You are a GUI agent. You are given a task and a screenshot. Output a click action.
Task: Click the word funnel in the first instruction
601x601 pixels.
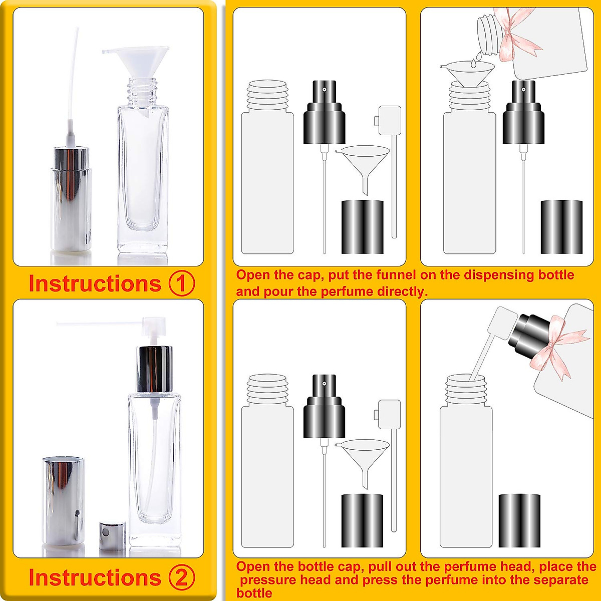pyautogui.click(x=417, y=275)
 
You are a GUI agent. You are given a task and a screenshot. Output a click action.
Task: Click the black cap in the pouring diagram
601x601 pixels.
pyautogui.click(x=561, y=226)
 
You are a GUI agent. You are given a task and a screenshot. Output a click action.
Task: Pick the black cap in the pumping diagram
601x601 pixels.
pyautogui.click(x=519, y=520)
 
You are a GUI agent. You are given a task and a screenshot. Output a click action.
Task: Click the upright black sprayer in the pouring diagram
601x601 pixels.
pyautogui.click(x=523, y=113)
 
